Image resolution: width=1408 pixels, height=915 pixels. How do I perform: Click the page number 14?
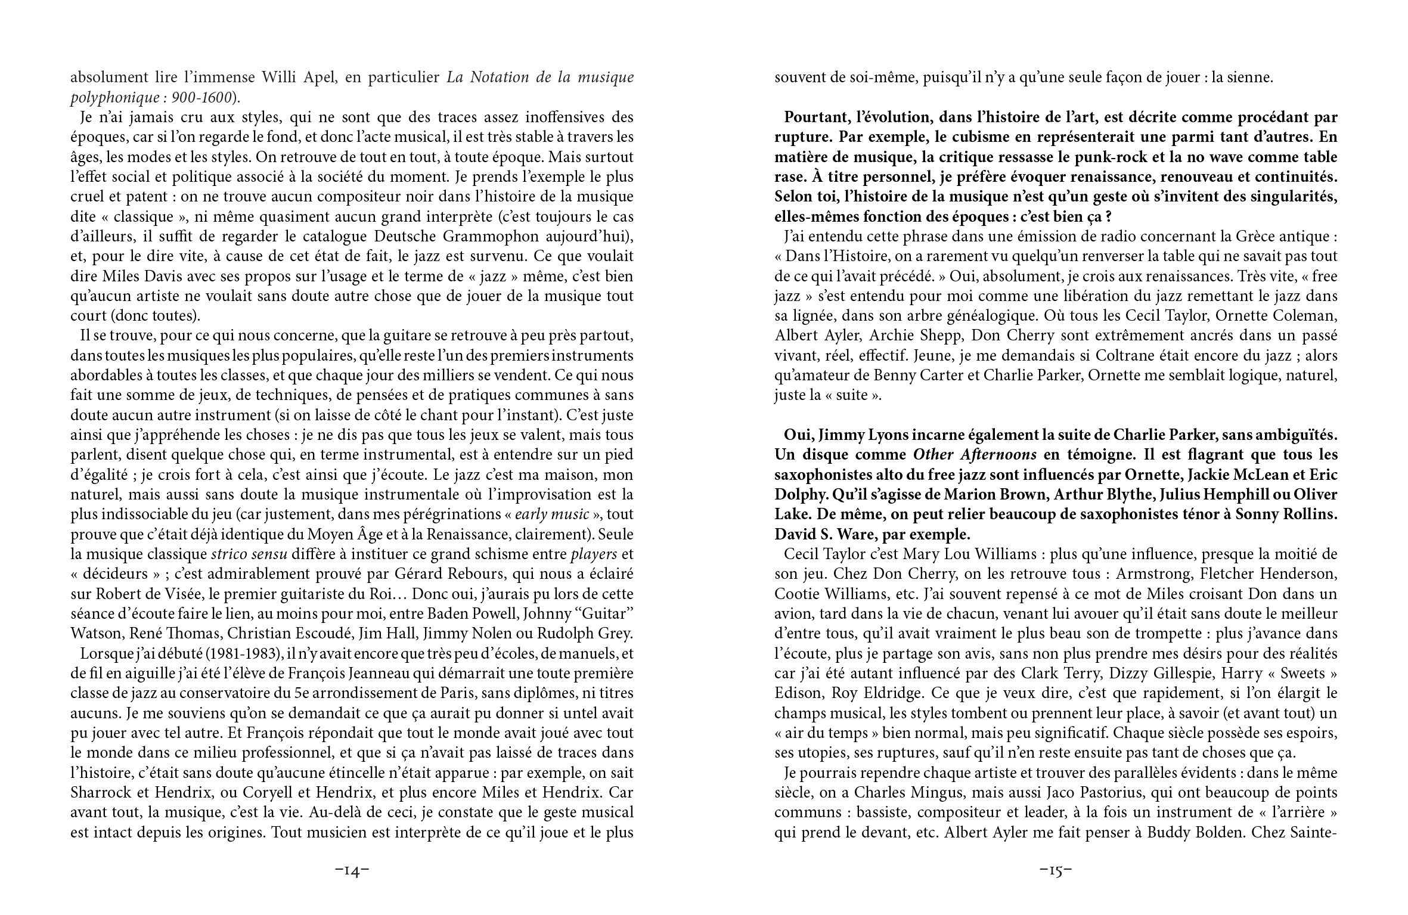[x=352, y=871]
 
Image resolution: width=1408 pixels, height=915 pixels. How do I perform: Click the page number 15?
[x=1056, y=871]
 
